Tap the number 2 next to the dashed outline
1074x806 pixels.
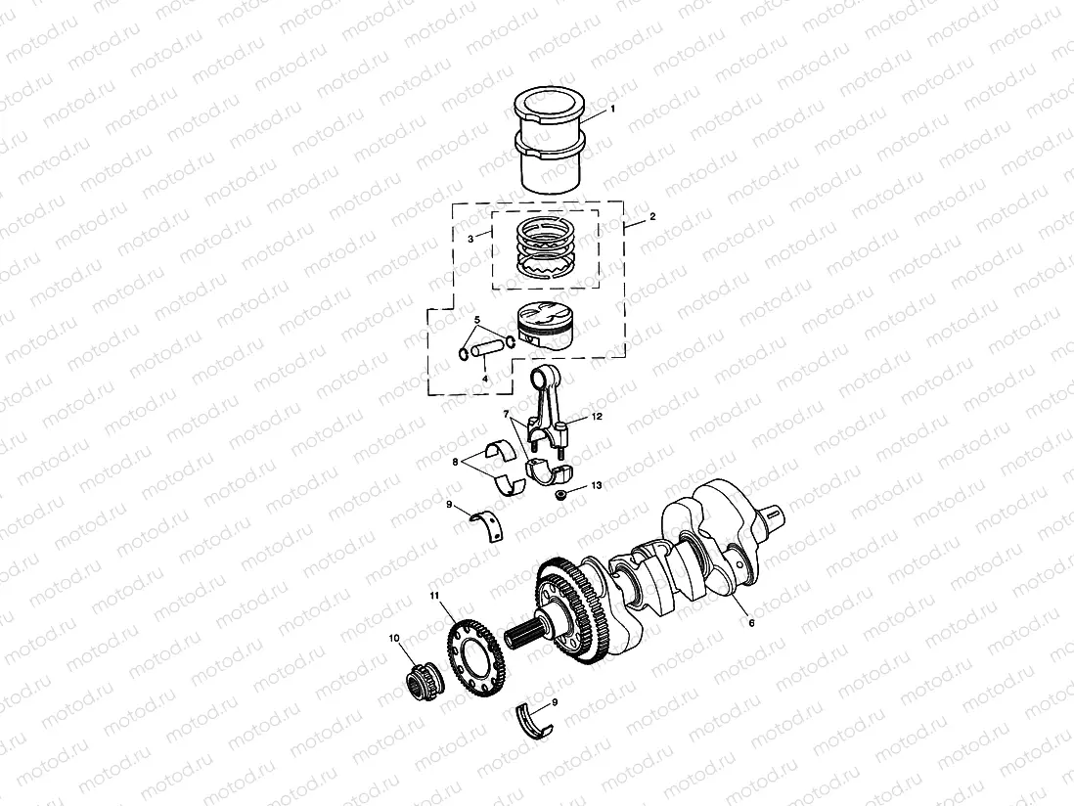point(651,215)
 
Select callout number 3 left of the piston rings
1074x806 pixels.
point(470,238)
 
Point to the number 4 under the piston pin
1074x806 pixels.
point(484,378)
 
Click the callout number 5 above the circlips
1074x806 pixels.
point(477,320)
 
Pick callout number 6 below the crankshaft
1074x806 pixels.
point(750,621)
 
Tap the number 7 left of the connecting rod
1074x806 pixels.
point(506,415)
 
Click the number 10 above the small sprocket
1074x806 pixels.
point(395,639)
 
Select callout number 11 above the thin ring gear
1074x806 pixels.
point(434,595)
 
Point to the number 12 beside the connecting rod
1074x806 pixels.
point(597,417)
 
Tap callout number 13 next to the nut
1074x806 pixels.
point(596,485)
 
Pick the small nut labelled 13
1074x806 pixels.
point(562,497)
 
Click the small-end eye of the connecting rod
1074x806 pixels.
point(544,375)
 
